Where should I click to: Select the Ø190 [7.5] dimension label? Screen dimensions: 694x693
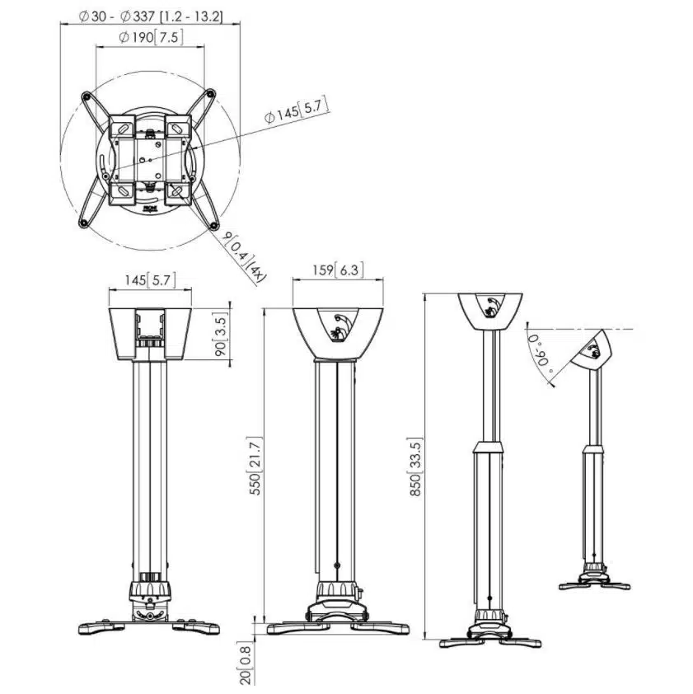pos(151,37)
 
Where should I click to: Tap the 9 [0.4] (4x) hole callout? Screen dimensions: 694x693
pos(243,256)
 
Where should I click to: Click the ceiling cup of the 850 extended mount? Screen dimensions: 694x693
pos(491,310)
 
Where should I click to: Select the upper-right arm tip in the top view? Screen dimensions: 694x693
pos(212,95)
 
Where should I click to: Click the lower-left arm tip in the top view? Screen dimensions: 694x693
pos(85,223)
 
